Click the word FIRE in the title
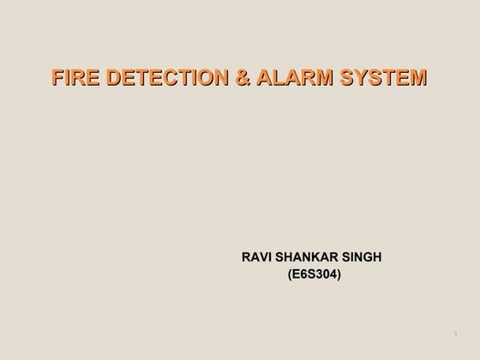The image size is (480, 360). coord(72,79)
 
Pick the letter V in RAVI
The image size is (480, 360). coord(264,257)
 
